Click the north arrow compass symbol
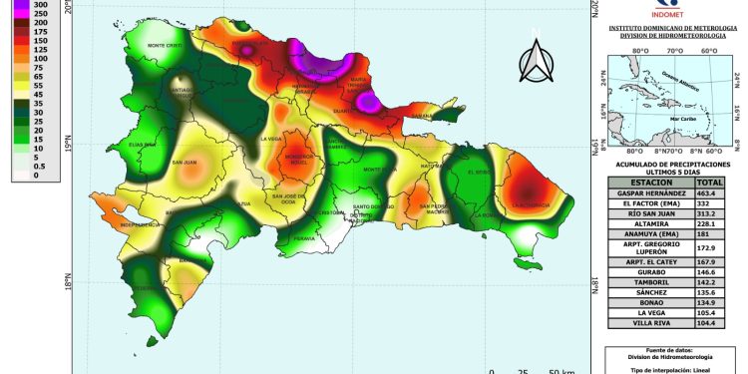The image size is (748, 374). point(537,63)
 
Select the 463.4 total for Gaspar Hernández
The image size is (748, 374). point(709,192)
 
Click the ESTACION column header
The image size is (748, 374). point(649,183)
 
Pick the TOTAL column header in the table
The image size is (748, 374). point(709,183)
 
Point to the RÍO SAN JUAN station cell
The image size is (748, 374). point(649,213)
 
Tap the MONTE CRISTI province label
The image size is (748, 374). point(166,46)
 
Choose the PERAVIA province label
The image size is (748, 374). point(304,238)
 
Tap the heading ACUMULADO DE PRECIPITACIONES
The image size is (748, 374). point(673,162)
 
